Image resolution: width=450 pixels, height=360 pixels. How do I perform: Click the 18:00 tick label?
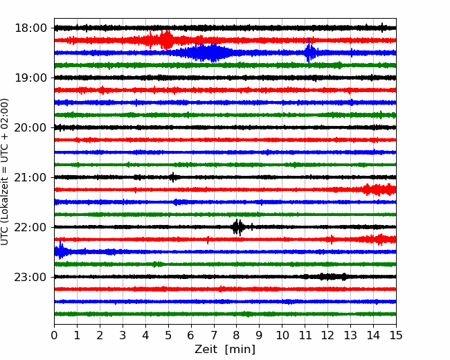(x=30, y=28)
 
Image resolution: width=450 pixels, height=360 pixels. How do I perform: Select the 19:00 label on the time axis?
(x=30, y=78)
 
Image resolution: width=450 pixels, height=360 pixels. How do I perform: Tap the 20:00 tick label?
(x=30, y=127)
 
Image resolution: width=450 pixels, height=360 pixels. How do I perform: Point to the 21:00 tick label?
(x=30, y=177)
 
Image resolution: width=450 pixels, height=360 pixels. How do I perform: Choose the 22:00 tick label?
(x=30, y=227)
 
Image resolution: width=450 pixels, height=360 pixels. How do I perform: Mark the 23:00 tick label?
(x=30, y=277)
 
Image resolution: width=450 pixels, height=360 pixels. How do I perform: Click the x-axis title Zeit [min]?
(x=225, y=350)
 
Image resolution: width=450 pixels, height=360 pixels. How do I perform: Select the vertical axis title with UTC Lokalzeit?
(x=5, y=172)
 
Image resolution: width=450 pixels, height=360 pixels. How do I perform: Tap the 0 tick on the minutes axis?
(x=54, y=335)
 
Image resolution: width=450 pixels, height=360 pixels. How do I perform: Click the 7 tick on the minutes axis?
(x=213, y=335)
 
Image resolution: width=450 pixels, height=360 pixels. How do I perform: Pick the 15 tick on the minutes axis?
(x=396, y=335)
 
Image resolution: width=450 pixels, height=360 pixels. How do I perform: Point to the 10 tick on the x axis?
(x=282, y=335)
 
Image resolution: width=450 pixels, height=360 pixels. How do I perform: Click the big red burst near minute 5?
(x=166, y=40)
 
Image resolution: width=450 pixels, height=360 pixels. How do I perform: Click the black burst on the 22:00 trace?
(x=237, y=227)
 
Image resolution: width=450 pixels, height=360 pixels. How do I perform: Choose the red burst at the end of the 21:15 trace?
(x=379, y=190)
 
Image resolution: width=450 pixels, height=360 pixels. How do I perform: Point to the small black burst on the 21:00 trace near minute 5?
(x=173, y=177)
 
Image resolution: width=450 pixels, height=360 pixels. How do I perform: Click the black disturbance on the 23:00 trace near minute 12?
(x=333, y=276)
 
